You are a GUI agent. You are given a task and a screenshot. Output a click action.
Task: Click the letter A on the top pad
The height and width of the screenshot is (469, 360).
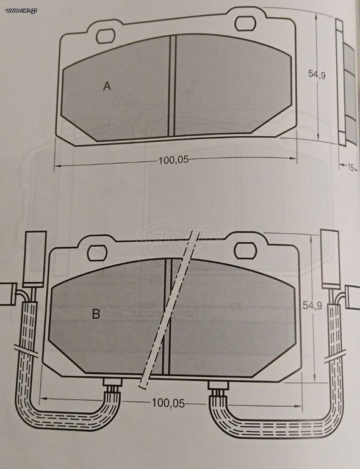pos(107,86)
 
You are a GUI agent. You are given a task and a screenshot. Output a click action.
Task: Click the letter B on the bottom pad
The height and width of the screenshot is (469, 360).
pos(96,314)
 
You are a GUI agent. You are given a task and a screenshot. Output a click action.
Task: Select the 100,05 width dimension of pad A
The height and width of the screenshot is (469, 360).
pos(173,160)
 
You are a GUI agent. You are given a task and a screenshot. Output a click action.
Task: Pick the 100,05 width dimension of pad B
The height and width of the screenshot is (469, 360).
pos(168,403)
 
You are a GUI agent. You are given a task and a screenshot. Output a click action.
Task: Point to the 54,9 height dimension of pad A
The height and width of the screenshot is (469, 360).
pos(317,74)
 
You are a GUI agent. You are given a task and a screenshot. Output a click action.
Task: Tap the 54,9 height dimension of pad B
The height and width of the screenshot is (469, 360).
pos(312,305)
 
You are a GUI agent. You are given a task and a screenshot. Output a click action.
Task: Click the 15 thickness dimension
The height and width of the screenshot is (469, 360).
pos(350,167)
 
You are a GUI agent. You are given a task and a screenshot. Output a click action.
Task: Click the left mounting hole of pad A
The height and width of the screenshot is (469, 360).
pos(106,36)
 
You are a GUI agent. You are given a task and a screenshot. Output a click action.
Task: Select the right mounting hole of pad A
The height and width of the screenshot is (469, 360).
pos(245,24)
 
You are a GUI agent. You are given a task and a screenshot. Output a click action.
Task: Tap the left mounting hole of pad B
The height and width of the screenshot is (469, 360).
pos(97,253)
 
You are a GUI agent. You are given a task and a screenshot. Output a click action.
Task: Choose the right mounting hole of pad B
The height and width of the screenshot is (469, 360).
pos(245,250)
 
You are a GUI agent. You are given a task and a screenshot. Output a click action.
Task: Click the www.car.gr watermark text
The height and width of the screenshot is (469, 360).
pos(21,10)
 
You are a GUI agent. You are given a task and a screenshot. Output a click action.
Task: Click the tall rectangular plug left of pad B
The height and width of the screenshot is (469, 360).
pos(35,259)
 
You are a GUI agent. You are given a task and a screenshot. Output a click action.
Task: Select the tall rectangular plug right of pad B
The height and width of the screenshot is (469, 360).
pos(331,259)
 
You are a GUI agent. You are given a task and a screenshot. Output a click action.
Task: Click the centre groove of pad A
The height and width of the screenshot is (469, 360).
pos(173,86)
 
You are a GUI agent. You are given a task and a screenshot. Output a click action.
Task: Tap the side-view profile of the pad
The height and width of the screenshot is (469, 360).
pos(345,82)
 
